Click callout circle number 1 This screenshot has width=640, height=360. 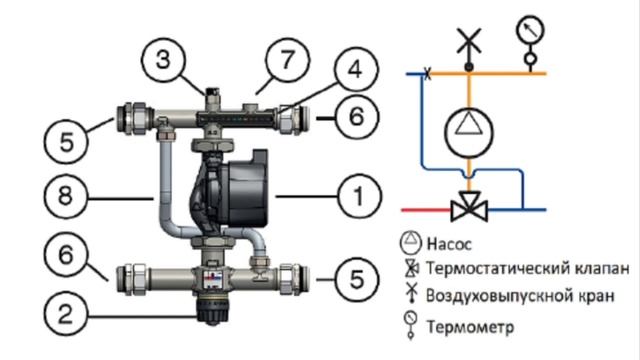click(359, 196)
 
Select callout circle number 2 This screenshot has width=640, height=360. click(66, 313)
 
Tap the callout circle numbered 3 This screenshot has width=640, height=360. click(163, 60)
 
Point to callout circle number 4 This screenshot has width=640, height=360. click(356, 69)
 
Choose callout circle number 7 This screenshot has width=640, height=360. click(287, 60)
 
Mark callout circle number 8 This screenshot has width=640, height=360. click(66, 196)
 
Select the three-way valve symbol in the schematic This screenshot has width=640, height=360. click(469, 207)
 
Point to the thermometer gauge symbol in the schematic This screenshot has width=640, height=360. click(530, 42)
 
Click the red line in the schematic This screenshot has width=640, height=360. click(426, 210)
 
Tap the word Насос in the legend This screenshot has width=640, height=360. click(449, 244)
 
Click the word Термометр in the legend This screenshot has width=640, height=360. click(470, 327)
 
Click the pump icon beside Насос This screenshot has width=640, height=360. click(410, 242)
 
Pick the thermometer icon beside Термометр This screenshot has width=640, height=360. click(411, 324)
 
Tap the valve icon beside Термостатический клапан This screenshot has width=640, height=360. click(411, 268)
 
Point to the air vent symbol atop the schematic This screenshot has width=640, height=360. click(469, 49)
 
